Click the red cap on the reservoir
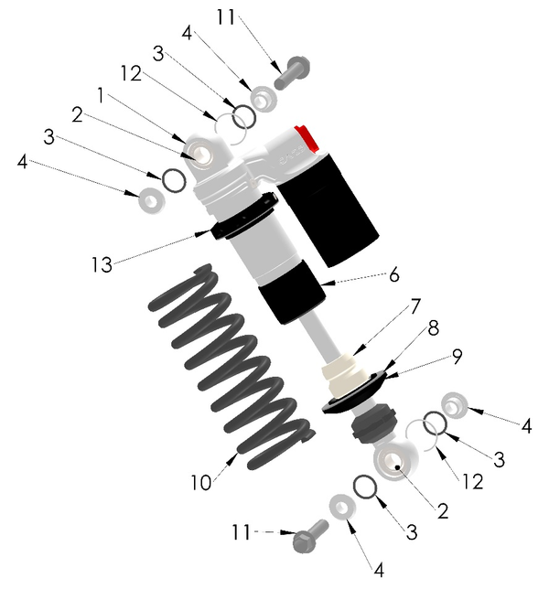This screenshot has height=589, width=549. pos(307,138)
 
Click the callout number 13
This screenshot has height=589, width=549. pos(102,264)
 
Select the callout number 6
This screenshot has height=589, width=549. pos(393,275)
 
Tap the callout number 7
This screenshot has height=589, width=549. pos(414,306)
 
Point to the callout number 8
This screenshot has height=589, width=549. pos(434,328)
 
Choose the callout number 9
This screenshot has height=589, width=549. pos(457,357)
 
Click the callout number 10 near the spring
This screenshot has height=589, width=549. pos(201,482)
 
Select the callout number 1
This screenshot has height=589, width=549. pos(101,95)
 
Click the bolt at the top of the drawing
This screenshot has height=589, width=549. pos(292,73)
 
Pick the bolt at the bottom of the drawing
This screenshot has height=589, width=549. pos(310,536)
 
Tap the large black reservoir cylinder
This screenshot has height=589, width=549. pos(328,209)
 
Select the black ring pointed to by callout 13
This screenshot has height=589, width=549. pos(244,216)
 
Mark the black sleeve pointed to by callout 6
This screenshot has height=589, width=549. pos(292,292)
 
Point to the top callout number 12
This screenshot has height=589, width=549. pos(131,73)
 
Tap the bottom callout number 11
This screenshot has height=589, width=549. pos(241,532)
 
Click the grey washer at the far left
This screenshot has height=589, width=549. pos(152,199)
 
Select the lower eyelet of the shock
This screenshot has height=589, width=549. pos(395,459)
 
